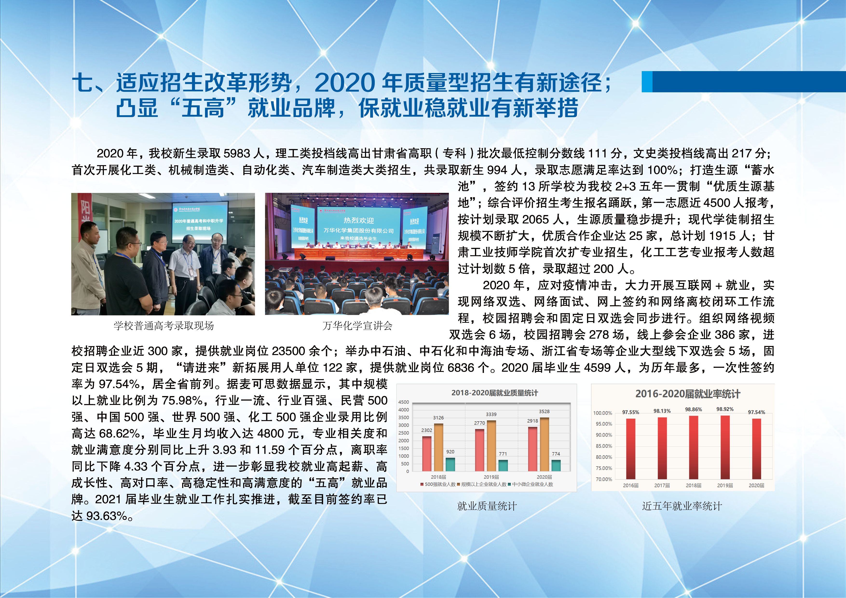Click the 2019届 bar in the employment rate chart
point(725,447)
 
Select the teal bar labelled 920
point(450,464)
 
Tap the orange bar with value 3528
point(544,444)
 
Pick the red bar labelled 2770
point(479,450)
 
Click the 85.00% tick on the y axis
point(604,446)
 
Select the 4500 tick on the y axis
point(403,402)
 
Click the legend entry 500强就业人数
point(438,484)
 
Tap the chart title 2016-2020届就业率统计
point(688,394)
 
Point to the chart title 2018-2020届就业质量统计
point(494,393)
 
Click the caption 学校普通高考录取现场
point(164,325)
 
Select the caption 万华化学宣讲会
point(357,325)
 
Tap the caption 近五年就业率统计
point(682,506)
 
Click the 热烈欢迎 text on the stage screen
point(359,220)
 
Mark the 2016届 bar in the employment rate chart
point(630,449)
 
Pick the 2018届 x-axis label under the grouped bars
point(438,477)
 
